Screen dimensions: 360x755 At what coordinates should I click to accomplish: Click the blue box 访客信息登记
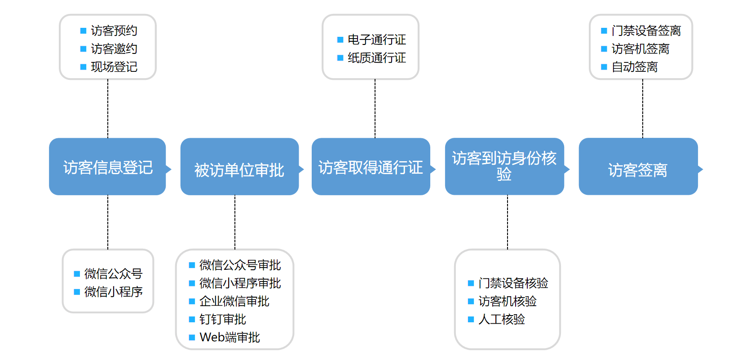point(107,167)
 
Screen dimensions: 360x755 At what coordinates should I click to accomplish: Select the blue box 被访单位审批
point(239,169)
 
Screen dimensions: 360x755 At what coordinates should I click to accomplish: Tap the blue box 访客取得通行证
point(371,167)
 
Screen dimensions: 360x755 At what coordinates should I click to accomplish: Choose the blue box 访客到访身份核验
point(504,166)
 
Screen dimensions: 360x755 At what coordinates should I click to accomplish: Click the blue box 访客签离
point(638,169)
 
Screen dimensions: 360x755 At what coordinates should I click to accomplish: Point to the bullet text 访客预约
point(114,31)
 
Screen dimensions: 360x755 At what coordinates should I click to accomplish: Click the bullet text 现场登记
point(114,67)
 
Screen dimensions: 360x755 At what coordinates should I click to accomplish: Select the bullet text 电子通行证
point(376,40)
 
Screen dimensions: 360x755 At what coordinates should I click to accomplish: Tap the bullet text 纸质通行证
point(376,58)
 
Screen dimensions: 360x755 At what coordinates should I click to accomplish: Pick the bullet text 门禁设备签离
point(646,31)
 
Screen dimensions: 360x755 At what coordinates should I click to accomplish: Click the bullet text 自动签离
point(634,67)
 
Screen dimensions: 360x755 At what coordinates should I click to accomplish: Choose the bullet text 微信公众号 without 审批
point(113,273)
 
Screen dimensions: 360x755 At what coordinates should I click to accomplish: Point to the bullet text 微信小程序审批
point(240,283)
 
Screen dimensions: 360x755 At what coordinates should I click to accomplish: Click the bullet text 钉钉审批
point(222,319)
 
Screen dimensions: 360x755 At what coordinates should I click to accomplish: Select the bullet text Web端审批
point(230,337)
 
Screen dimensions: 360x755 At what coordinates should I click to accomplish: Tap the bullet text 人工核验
point(501,319)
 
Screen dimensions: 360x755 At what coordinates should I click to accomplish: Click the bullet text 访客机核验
point(507,301)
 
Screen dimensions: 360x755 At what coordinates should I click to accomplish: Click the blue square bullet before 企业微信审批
point(192,301)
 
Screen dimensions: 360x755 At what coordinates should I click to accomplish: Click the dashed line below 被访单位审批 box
point(235,222)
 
